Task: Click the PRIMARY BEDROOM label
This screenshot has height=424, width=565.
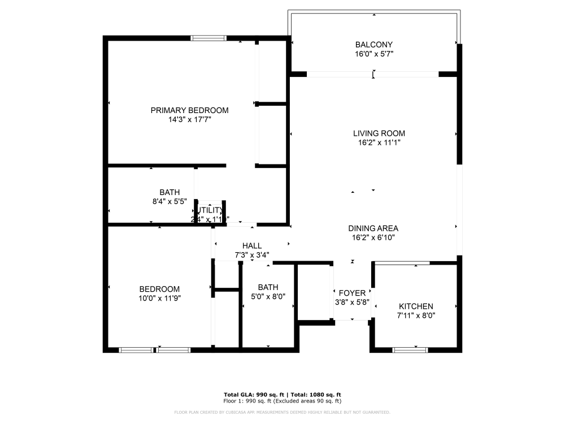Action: click(x=189, y=110)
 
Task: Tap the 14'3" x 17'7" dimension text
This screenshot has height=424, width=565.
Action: click(x=189, y=120)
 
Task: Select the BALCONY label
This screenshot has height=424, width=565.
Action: click(x=373, y=45)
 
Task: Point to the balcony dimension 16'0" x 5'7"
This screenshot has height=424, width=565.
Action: click(x=373, y=54)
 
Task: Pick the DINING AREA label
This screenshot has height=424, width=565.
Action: click(x=373, y=228)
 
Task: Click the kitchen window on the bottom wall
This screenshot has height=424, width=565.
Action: click(x=411, y=350)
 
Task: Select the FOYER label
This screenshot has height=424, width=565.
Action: click(x=352, y=293)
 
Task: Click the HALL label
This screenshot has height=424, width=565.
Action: click(x=252, y=246)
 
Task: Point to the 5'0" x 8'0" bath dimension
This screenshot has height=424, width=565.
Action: click(x=268, y=296)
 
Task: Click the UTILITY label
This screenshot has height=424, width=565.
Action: click(x=210, y=210)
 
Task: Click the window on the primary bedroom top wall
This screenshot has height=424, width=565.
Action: click(x=208, y=38)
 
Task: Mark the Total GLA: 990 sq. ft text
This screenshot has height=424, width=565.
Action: click(x=254, y=395)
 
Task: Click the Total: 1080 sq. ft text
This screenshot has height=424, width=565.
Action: click(x=316, y=395)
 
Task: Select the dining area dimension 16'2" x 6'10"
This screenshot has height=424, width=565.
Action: click(x=373, y=238)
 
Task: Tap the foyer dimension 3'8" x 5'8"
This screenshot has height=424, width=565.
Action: click(x=352, y=302)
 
